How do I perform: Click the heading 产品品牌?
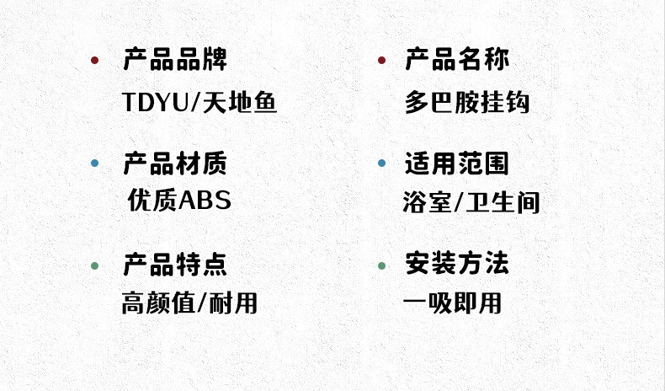[175, 60]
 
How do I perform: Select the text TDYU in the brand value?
[152, 103]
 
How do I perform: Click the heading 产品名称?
[457, 60]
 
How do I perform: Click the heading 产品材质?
[175, 163]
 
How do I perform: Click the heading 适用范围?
[457, 163]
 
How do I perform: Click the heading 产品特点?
[175, 265]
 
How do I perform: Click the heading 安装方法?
[457, 265]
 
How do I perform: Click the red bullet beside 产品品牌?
[95, 61]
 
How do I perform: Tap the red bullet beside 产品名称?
[381, 61]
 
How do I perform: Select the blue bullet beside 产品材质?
[95, 163]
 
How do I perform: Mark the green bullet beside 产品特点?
[95, 266]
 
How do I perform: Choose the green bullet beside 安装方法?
[381, 266]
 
